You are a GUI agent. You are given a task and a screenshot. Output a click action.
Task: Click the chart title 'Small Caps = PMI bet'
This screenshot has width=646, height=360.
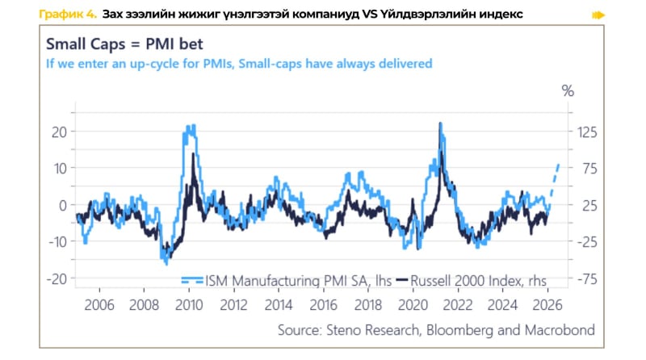pyautogui.click(x=123, y=45)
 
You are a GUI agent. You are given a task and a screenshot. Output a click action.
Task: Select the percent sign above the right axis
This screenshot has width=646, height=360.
pyautogui.click(x=567, y=91)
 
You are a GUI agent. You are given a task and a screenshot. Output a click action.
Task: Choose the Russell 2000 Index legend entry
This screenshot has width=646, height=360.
pyautogui.click(x=472, y=279)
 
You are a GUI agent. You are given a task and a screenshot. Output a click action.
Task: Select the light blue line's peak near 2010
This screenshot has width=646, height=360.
pyautogui.click(x=190, y=128)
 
